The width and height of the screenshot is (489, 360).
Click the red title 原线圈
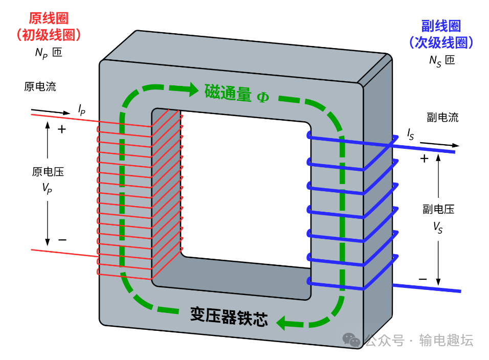[x=49, y=18]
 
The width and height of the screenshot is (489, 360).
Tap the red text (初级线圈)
[x=49, y=35]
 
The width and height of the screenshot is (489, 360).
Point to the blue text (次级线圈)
[x=441, y=42]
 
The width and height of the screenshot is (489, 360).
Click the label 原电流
[x=40, y=86]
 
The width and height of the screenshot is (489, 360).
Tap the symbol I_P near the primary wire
[x=81, y=109]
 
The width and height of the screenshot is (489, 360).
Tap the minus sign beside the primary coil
[x=62, y=239]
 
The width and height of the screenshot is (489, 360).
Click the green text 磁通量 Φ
[x=236, y=93]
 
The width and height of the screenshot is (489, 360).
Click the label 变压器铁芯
[x=229, y=317]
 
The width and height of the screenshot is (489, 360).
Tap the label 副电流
[x=442, y=117]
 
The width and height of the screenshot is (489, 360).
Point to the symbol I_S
[x=410, y=134]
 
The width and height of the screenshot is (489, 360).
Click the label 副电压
[x=438, y=209]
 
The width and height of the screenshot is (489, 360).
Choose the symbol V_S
[x=438, y=227]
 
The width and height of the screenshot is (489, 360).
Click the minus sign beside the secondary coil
[x=423, y=279]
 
